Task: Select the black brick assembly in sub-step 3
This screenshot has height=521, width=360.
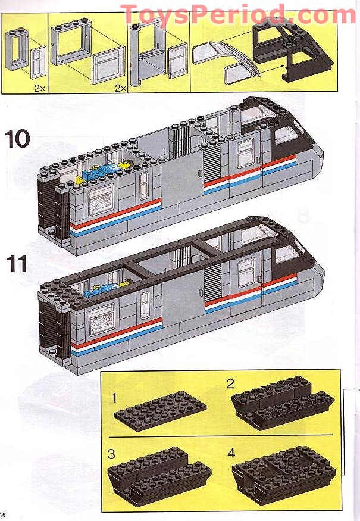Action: [x=161, y=473]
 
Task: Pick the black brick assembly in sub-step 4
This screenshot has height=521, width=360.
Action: [x=283, y=473]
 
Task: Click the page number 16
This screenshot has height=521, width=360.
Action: [x=4, y=514]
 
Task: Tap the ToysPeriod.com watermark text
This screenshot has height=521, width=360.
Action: [x=238, y=13]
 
